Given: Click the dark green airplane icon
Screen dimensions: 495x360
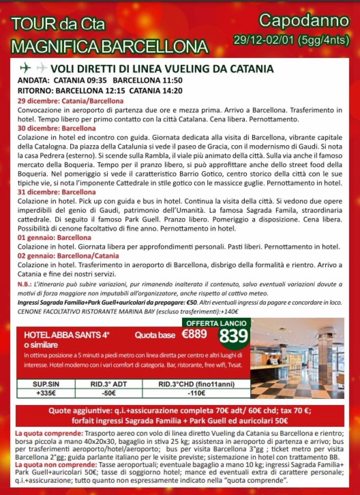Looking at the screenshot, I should coord(25,68).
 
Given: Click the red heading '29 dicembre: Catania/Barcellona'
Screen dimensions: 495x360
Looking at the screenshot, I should coord(70,101).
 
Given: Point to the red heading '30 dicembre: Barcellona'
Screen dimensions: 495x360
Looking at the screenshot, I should coord(57,128).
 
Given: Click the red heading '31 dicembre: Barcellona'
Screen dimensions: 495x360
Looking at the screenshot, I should coord(57,192).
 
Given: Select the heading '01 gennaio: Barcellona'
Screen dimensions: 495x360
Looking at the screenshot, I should coord(54,238).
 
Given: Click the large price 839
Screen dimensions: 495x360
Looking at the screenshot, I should coord(234,336).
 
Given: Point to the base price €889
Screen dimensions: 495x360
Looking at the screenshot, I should coord(194,334).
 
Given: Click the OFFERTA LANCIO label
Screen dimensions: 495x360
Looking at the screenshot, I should coord(216,323).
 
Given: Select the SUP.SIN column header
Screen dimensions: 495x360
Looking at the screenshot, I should coord(46,384).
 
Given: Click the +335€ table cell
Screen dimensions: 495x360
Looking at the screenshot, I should coord(46,393).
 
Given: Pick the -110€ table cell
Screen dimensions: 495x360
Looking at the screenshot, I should coord(196,393).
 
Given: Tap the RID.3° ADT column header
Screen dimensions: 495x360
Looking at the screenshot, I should coord(109,384).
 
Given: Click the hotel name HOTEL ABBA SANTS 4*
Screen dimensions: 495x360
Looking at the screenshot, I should coord(67,335).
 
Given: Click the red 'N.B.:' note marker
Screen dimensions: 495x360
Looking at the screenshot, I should coord(24,284).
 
